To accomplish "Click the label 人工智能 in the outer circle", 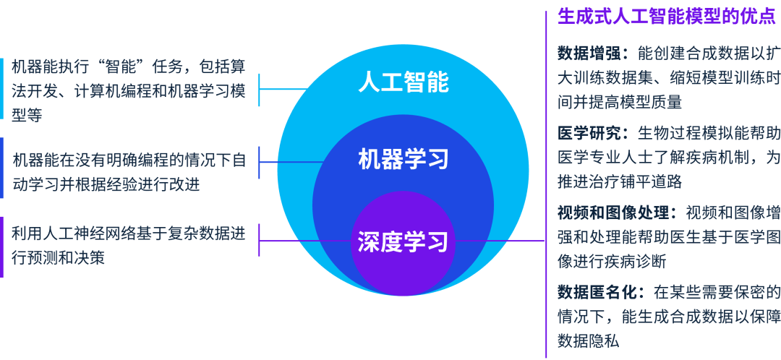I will (403, 82).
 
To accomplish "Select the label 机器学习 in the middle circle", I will (403, 158).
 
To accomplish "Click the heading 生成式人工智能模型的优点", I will (666, 17).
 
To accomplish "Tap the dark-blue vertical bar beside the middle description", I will (2, 168).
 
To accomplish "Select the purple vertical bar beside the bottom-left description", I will (2, 247).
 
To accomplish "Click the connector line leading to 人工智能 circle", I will (286, 89).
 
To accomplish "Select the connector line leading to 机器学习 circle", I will (289, 160).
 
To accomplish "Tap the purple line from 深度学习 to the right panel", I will (499, 241).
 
